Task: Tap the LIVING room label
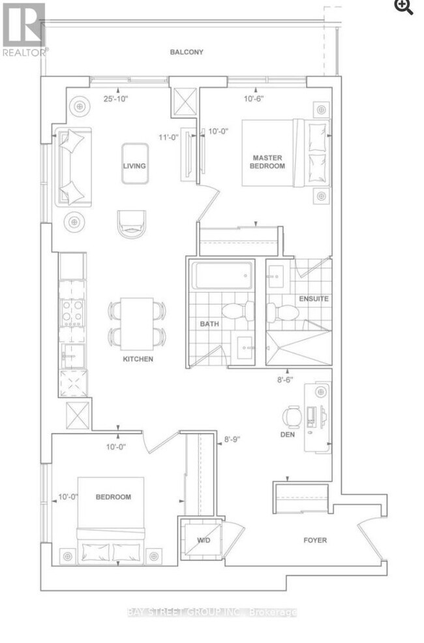[x=134, y=166]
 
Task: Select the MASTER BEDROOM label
[x=269, y=161]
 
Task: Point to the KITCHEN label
[x=137, y=359]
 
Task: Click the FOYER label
[x=314, y=540]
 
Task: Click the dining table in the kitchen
[x=137, y=323]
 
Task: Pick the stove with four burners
[x=72, y=312]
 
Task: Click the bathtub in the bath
[x=221, y=275]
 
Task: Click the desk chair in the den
[x=292, y=415]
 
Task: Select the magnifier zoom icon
[x=404, y=8]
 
